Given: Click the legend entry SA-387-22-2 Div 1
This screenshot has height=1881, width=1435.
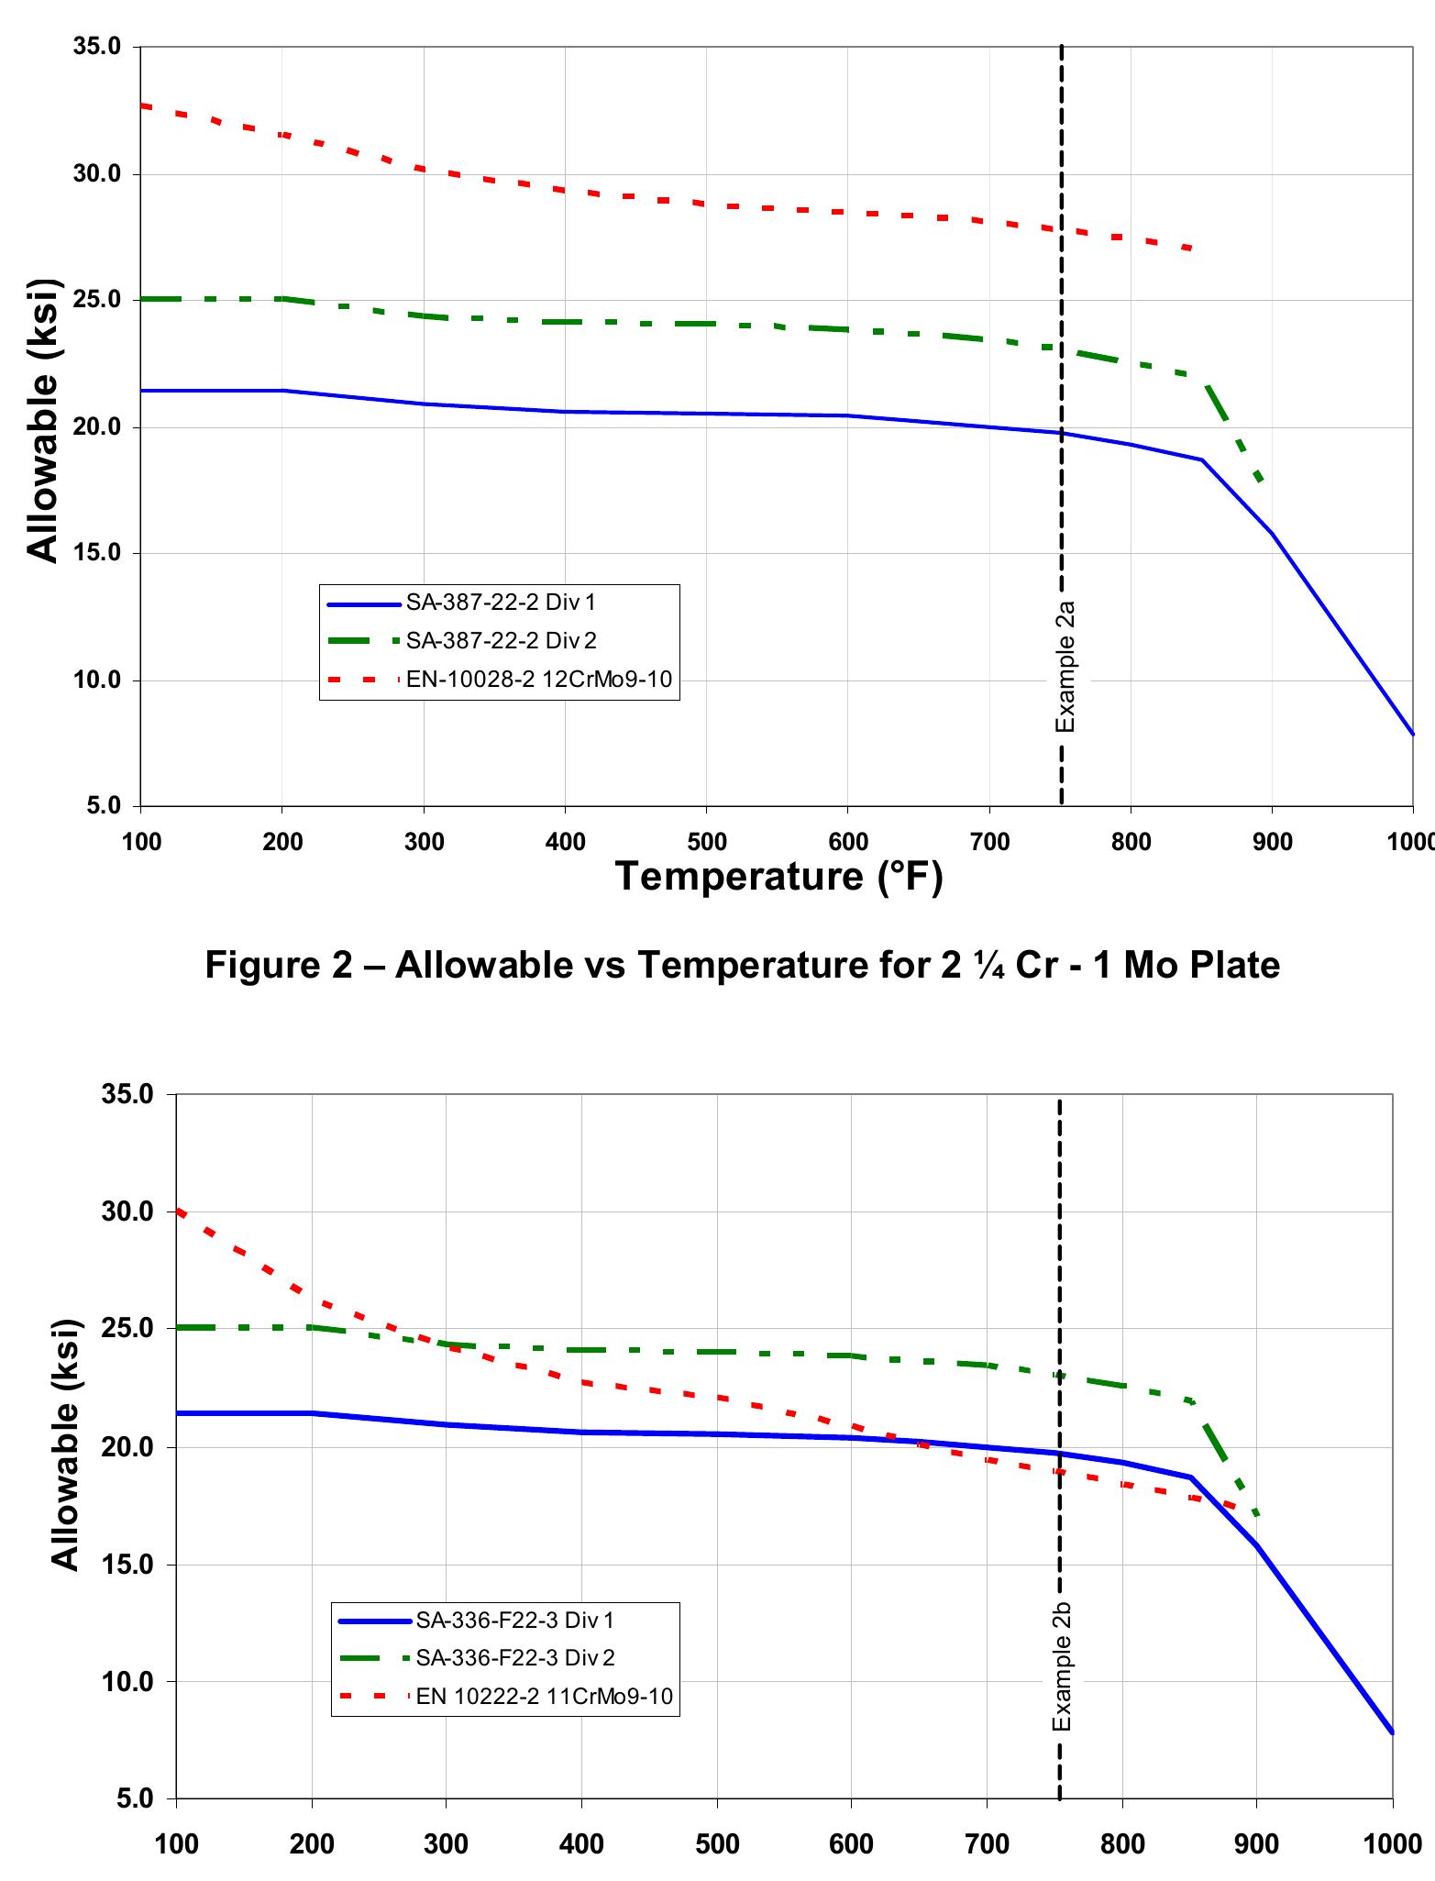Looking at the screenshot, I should pos(501,603).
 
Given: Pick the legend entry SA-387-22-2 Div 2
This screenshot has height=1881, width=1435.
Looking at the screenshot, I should pos(501,641).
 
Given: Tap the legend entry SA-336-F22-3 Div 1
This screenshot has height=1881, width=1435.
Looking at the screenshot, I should pos(514,1620).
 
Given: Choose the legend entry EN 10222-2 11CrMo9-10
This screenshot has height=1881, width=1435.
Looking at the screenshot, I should pos(544,1697).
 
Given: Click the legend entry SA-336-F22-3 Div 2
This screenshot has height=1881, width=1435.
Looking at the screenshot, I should pos(514,1658).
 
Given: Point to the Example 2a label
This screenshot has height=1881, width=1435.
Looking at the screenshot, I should pos(1065,667).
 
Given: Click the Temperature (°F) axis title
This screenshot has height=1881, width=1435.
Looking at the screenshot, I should pos(778,877).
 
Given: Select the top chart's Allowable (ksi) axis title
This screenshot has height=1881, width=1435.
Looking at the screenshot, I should pos(43,420).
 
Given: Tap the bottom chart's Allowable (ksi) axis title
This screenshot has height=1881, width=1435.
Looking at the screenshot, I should pos(65,1444).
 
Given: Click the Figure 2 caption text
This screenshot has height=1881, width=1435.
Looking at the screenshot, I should pos(742,965).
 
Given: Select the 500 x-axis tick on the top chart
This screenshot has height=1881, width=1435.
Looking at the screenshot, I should pos(706,842).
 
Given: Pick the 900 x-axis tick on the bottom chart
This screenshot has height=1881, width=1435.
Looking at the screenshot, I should pos(1256,1844).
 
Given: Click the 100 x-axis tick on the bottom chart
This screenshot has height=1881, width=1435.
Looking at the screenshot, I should pos(176,1844).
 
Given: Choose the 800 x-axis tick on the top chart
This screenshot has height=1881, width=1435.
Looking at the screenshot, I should pos(1131,842).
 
